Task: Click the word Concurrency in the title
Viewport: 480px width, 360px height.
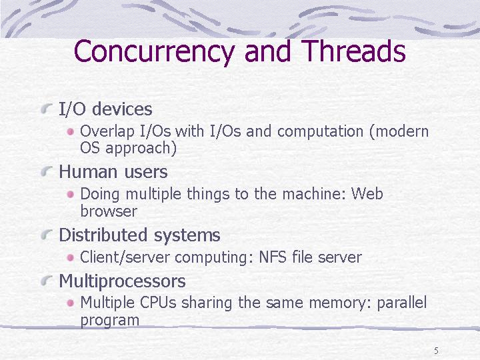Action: coord(154,52)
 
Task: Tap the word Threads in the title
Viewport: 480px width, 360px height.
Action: coord(353,51)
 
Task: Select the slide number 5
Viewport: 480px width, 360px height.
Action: coord(436,351)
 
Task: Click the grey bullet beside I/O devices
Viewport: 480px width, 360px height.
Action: coord(46,109)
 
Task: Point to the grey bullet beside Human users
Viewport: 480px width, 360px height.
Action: coord(46,171)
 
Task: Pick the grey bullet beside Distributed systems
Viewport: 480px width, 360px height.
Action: coord(46,235)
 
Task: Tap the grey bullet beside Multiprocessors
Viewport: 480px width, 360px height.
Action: coord(46,280)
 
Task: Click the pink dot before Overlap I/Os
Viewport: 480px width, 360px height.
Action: coord(71,131)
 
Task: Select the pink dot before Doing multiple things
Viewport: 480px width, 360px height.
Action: coord(71,194)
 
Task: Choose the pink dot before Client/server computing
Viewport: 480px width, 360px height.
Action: coord(71,257)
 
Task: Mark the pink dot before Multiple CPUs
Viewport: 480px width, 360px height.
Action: coord(71,303)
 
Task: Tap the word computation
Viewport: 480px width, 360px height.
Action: coord(320,131)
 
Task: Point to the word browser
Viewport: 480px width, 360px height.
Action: coord(109,211)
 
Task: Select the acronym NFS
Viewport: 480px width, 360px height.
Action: coord(273,257)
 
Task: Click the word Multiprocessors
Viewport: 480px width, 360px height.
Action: coord(122,281)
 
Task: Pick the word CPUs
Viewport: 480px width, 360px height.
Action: coord(158,303)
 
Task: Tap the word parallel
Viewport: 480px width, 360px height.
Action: coord(401,303)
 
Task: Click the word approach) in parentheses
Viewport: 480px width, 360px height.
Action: coord(141,148)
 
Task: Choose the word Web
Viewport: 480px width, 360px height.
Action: coord(367,193)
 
